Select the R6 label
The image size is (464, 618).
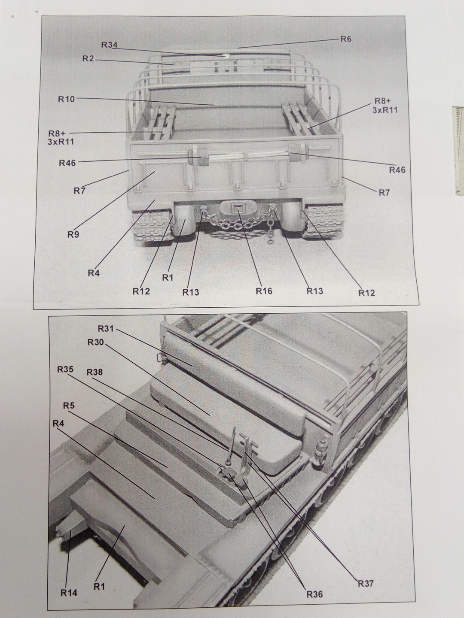(346, 39)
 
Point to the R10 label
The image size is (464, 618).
(67, 99)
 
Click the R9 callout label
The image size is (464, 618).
(73, 234)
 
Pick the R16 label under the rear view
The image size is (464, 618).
(264, 291)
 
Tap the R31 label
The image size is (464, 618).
(106, 329)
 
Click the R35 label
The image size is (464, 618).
(65, 370)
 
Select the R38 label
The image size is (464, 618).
(95, 372)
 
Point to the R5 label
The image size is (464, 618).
(69, 405)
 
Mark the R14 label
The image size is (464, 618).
(69, 593)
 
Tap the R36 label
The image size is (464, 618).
(314, 594)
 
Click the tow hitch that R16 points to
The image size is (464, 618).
(238, 209)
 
